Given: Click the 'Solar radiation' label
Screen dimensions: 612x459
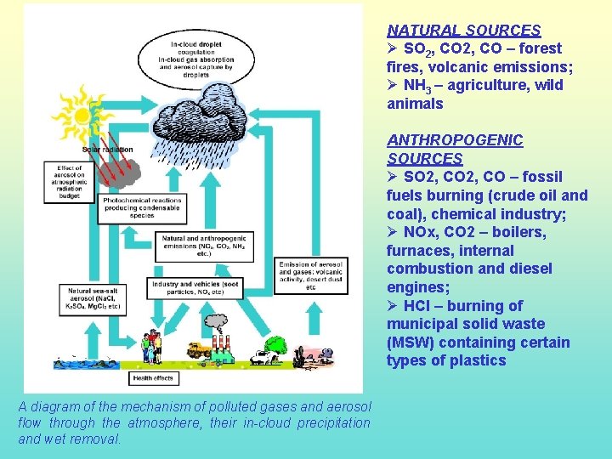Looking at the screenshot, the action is [x=105, y=150].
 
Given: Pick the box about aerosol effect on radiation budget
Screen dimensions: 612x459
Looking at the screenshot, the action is [x=70, y=180].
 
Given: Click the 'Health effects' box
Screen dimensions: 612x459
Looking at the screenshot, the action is [x=154, y=378].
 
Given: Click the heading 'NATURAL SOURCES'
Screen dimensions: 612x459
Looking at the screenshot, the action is [x=464, y=30].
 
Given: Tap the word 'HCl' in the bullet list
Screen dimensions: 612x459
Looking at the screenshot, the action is [x=415, y=305].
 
